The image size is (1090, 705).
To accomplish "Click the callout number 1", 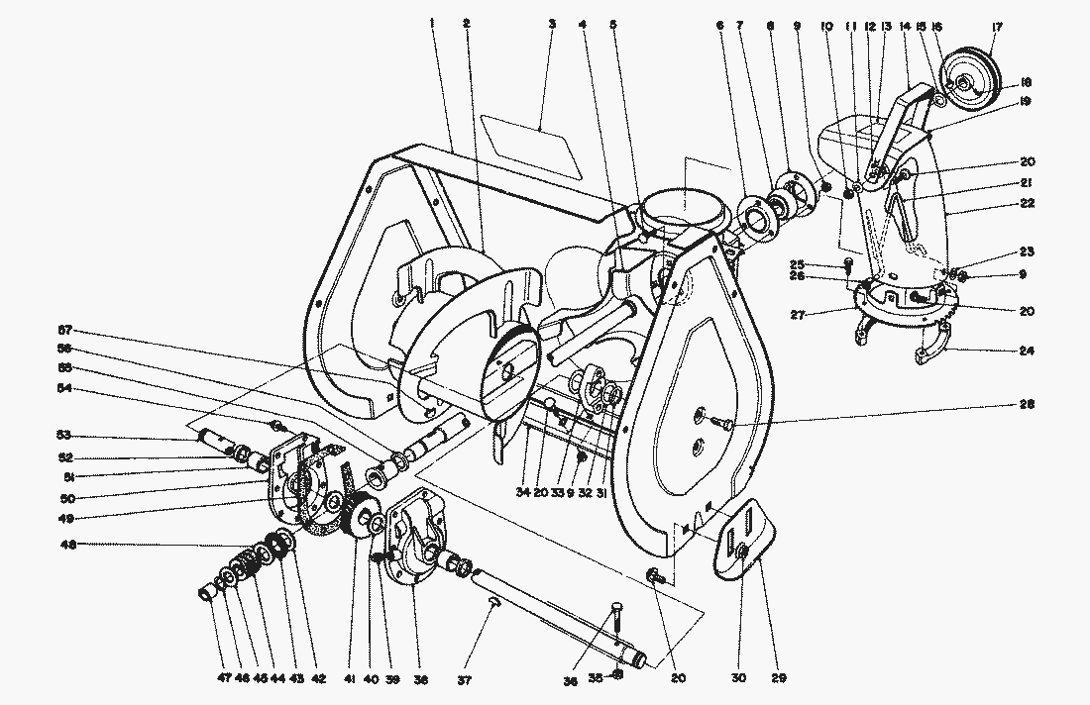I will [433, 22].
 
